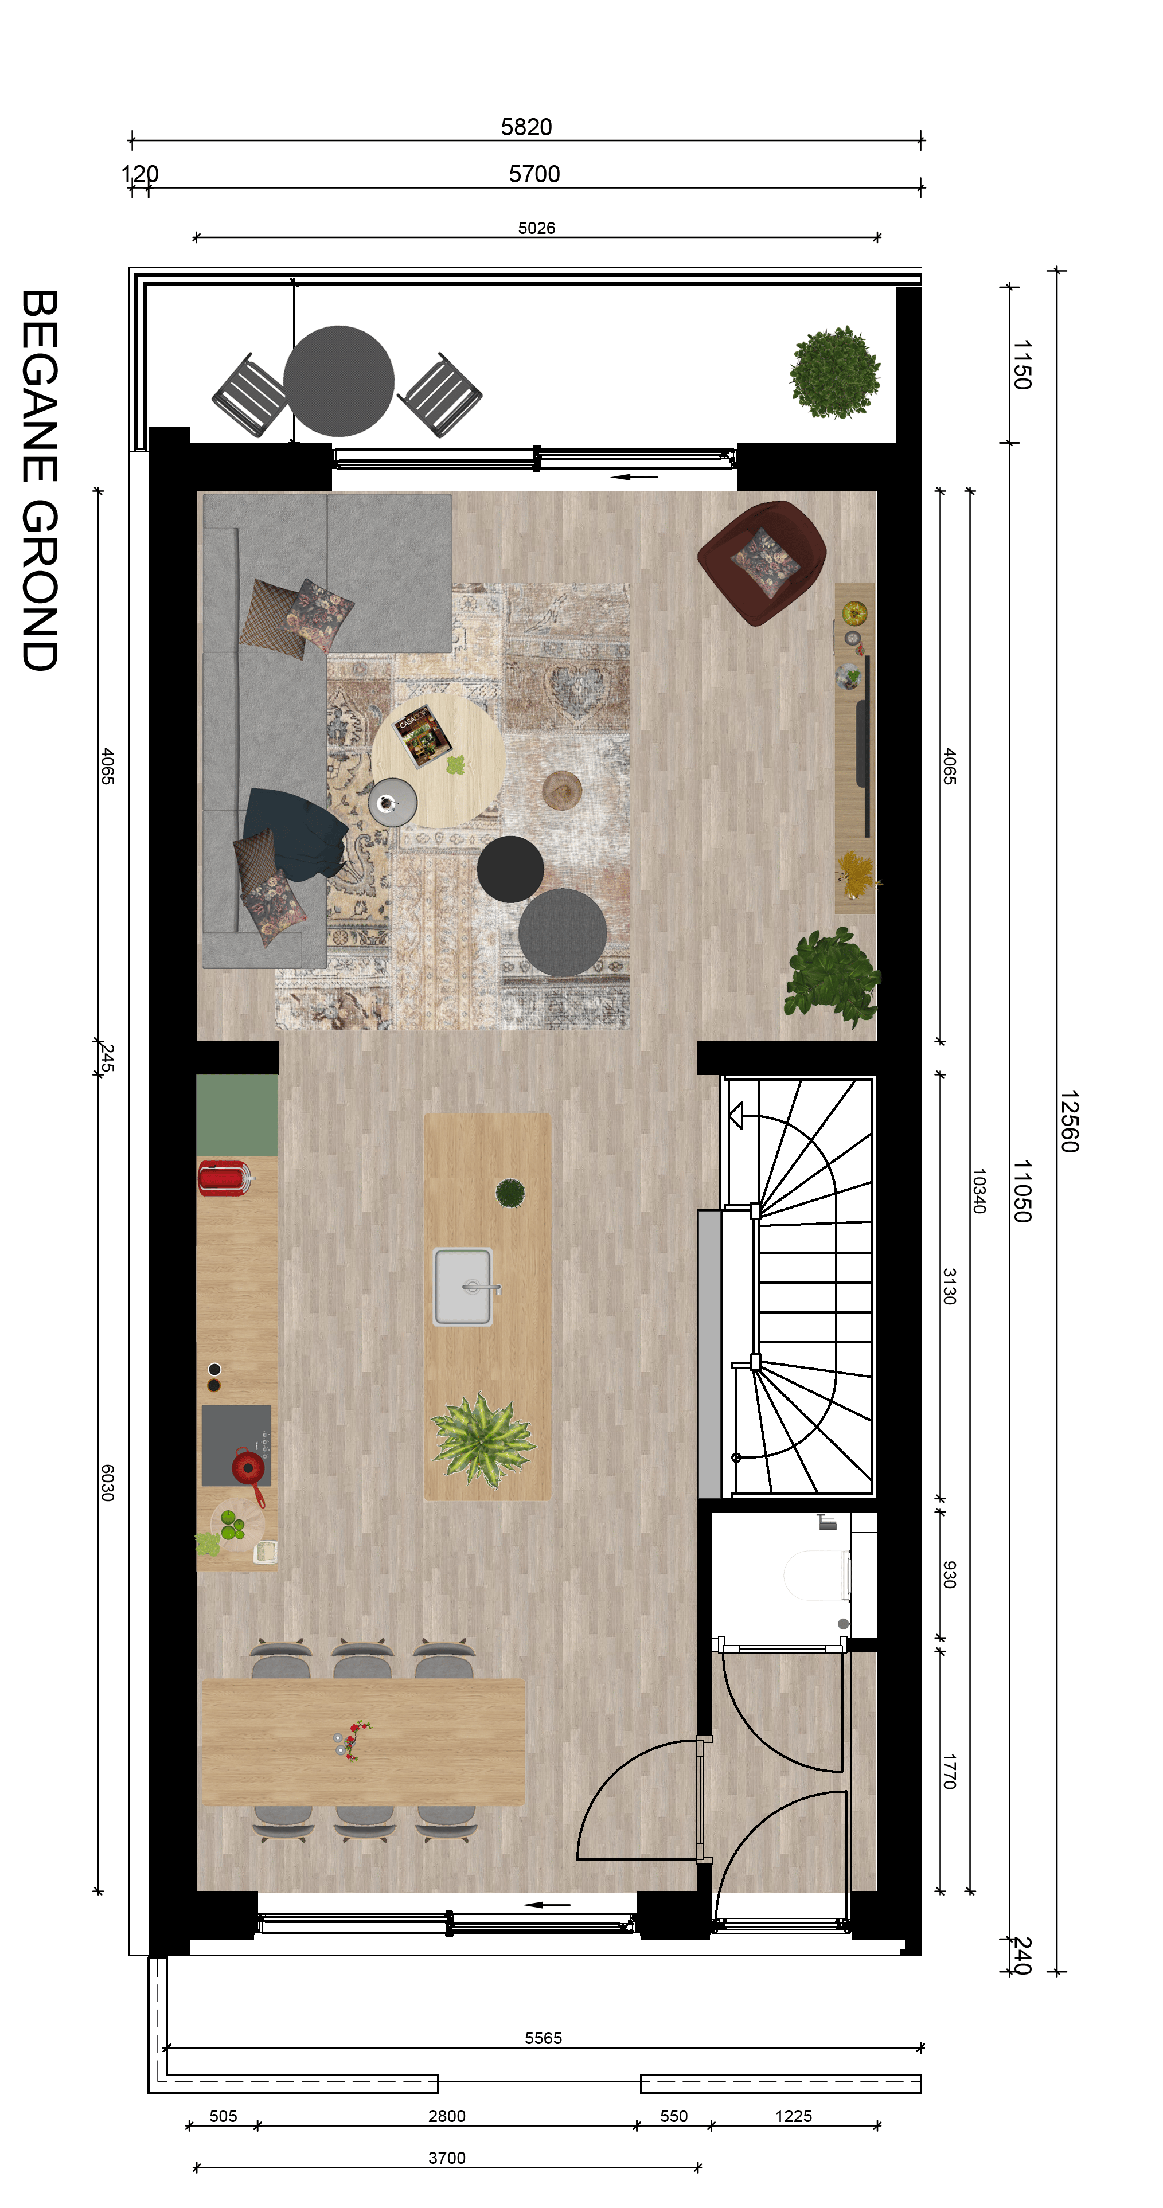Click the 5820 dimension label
tap(526, 127)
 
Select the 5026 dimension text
tap(537, 228)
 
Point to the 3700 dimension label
tap(447, 2158)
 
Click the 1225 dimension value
tap(794, 2116)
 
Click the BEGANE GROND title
tap(40, 480)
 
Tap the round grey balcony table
tap(338, 381)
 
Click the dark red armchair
tap(761, 561)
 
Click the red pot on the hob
tap(248, 1467)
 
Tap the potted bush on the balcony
tap(835, 373)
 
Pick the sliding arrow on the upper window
tap(634, 476)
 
